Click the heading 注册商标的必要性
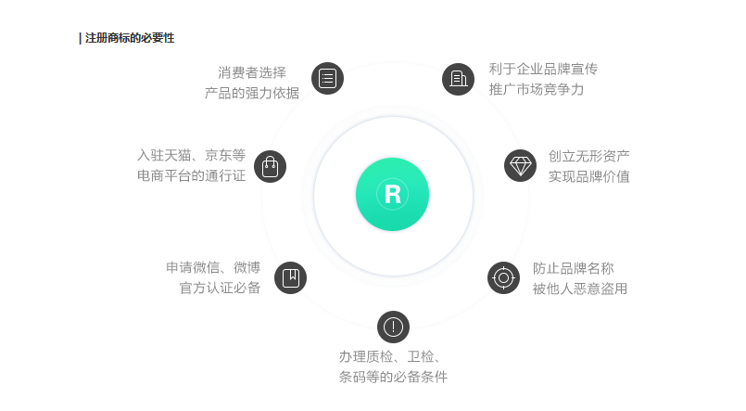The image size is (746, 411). coord(129,38)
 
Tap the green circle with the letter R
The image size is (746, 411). coord(392,195)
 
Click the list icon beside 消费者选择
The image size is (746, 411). coord(327,78)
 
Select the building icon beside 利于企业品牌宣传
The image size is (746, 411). coord(458,78)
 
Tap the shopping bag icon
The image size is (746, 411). coord(270,166)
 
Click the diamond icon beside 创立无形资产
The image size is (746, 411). coord(521,166)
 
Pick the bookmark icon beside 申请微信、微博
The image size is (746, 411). coord(290,276)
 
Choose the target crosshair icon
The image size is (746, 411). coord(503,277)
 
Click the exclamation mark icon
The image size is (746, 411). coord(393,327)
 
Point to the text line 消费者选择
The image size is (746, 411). coord(252,71)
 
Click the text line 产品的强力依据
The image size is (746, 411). coord(252,92)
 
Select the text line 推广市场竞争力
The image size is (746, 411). coord(537,89)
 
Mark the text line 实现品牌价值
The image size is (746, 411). coord(588,175)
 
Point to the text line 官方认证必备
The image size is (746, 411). coord(220,288)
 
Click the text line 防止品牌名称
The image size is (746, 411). coord(573,267)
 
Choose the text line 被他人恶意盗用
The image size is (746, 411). coord(579,289)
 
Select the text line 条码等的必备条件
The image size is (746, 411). coord(393,377)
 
